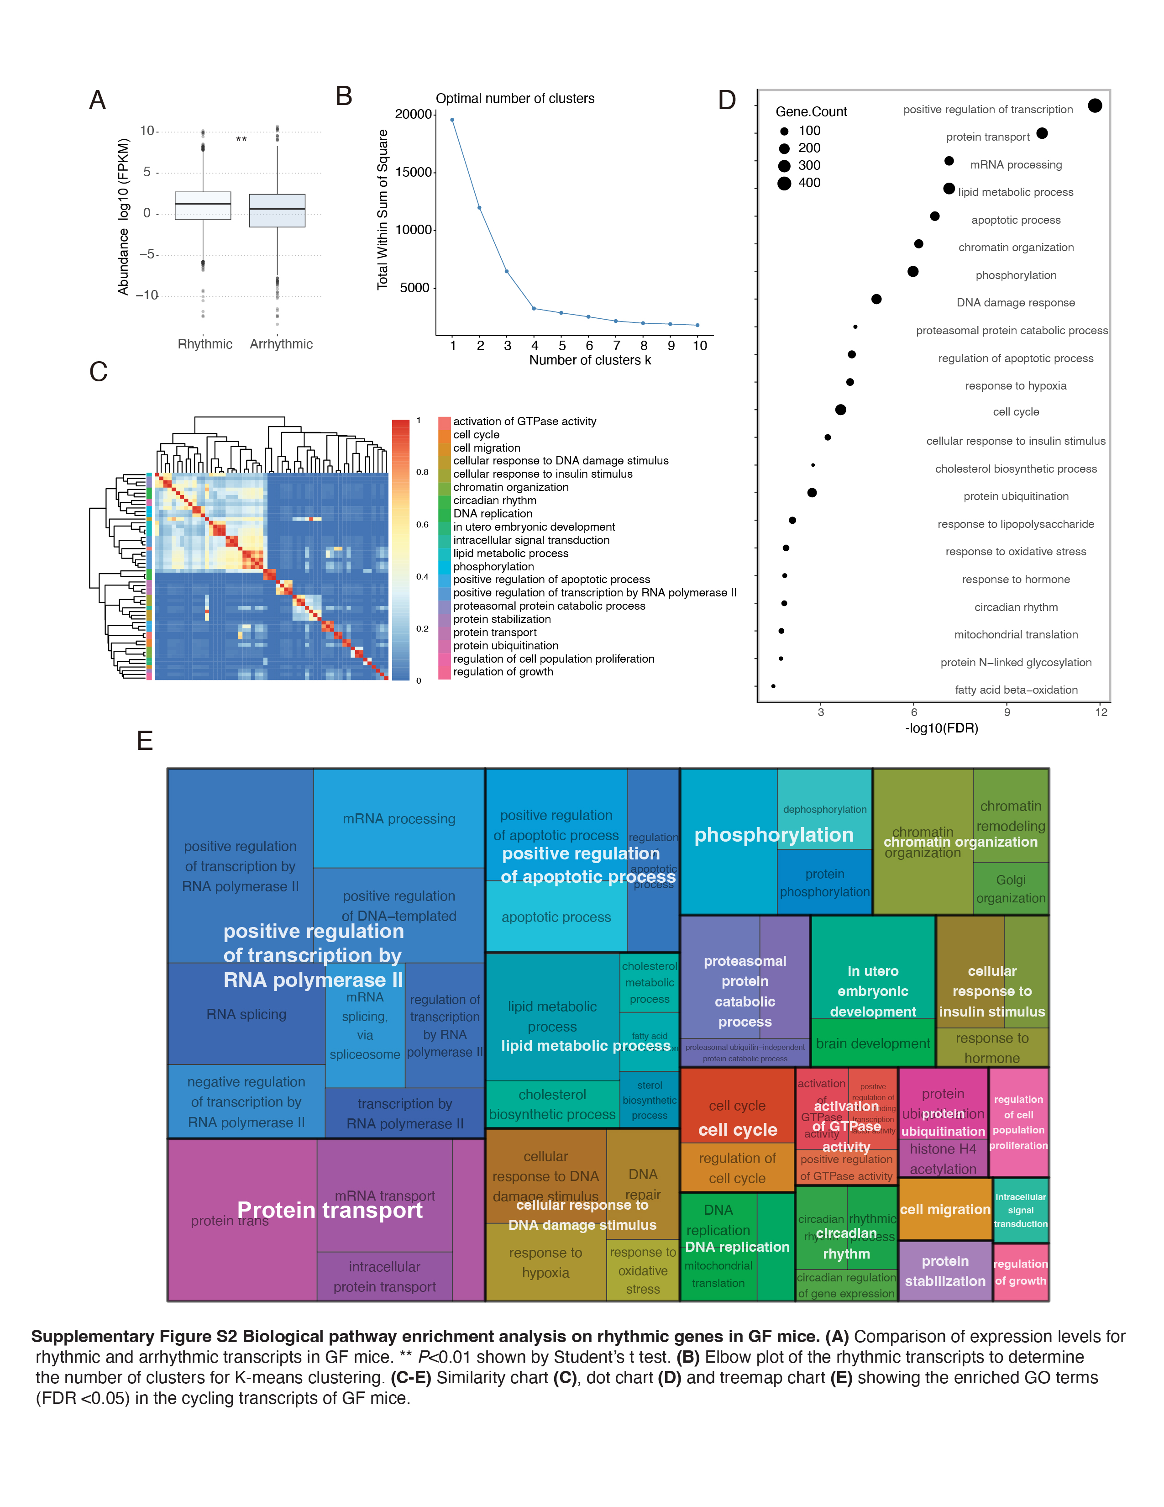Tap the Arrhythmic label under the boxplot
pos(281,343)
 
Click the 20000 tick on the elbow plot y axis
pos(413,115)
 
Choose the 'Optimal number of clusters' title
pos(514,99)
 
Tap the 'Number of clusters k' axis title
pos(590,360)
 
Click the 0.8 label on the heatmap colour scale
pos(422,472)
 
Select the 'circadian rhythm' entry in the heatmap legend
pos(494,500)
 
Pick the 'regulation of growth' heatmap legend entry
pos(503,671)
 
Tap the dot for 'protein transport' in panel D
pos(1042,133)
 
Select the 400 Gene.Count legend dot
pos(784,183)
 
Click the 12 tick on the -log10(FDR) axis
pos(1101,712)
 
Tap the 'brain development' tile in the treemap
pos(872,1043)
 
